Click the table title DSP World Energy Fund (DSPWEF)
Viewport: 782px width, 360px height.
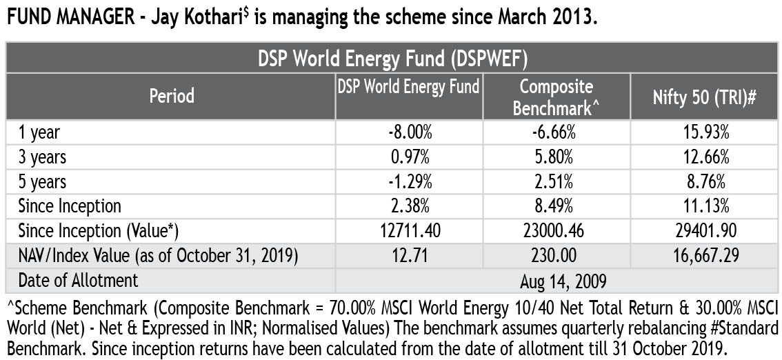pyautogui.click(x=393, y=59)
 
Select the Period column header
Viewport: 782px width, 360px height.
pyautogui.click(x=172, y=96)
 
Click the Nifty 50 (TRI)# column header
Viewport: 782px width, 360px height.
pyautogui.click(x=704, y=97)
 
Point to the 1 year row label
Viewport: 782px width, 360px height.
pyautogui.click(x=39, y=132)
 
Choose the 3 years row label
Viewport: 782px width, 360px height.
pyautogui.click(x=42, y=157)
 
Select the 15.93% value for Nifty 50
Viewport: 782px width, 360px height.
pyautogui.click(x=705, y=132)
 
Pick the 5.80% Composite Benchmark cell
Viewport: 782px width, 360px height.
pyautogui.click(x=556, y=157)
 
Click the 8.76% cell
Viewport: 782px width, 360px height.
pyautogui.click(x=705, y=182)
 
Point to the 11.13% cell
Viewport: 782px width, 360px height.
pyautogui.click(x=705, y=206)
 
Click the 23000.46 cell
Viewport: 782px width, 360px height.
pyautogui.click(x=556, y=231)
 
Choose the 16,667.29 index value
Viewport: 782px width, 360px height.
pyautogui.click(x=705, y=256)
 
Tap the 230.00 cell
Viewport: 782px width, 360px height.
pyautogui.click(x=556, y=256)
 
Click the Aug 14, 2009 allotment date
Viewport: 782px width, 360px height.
pyautogui.click(x=556, y=281)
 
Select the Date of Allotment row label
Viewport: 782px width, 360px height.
pyautogui.click(x=78, y=281)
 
